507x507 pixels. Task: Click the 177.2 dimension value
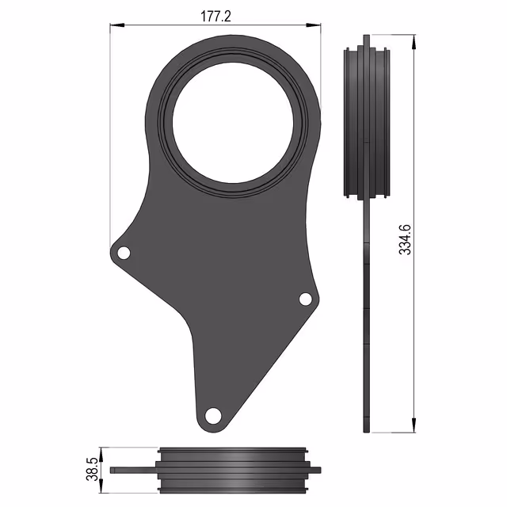[x=215, y=16]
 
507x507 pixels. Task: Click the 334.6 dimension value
[x=405, y=239]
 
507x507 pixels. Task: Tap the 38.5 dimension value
[x=93, y=469]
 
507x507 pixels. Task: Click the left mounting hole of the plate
[x=124, y=253]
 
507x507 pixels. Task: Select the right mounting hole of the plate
[x=306, y=299]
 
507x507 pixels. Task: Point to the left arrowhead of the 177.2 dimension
[x=117, y=25]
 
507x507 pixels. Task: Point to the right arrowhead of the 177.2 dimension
[x=314, y=25]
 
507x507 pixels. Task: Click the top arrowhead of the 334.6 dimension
[x=414, y=42]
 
